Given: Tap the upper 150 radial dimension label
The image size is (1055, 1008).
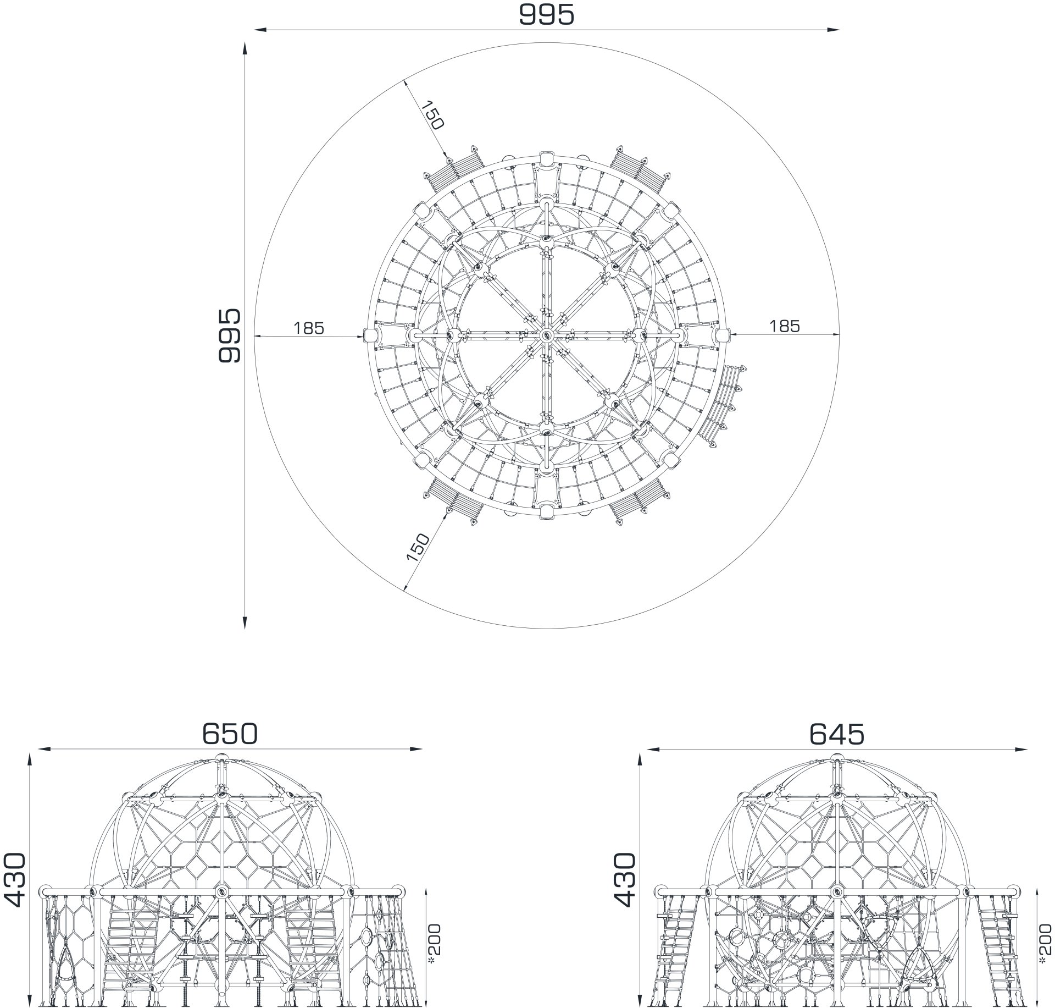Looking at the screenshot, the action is [x=432, y=115].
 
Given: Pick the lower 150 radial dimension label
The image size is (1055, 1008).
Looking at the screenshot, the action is [x=418, y=547].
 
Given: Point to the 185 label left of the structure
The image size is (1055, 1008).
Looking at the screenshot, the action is [x=309, y=328].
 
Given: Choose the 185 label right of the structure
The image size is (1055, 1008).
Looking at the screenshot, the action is [x=784, y=326].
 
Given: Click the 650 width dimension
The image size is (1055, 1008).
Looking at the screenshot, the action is [x=230, y=733].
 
